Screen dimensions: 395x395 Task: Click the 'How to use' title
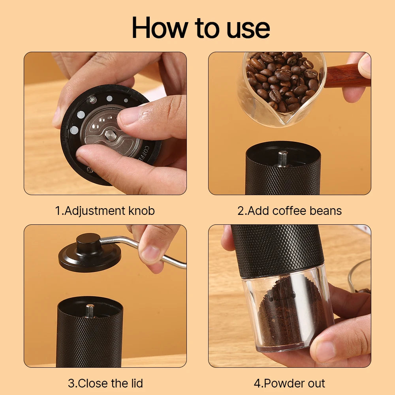click(x=201, y=28)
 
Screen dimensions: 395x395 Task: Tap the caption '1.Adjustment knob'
click(x=105, y=211)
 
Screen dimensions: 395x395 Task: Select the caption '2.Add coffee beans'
click(x=290, y=211)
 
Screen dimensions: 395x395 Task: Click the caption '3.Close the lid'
click(x=105, y=384)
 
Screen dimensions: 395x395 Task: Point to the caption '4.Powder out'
click(x=290, y=384)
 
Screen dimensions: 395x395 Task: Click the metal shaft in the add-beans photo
click(x=283, y=159)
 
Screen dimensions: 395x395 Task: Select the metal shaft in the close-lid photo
click(x=90, y=310)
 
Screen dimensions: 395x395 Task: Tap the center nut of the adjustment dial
click(x=111, y=135)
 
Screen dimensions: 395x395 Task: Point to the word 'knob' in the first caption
click(x=141, y=211)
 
